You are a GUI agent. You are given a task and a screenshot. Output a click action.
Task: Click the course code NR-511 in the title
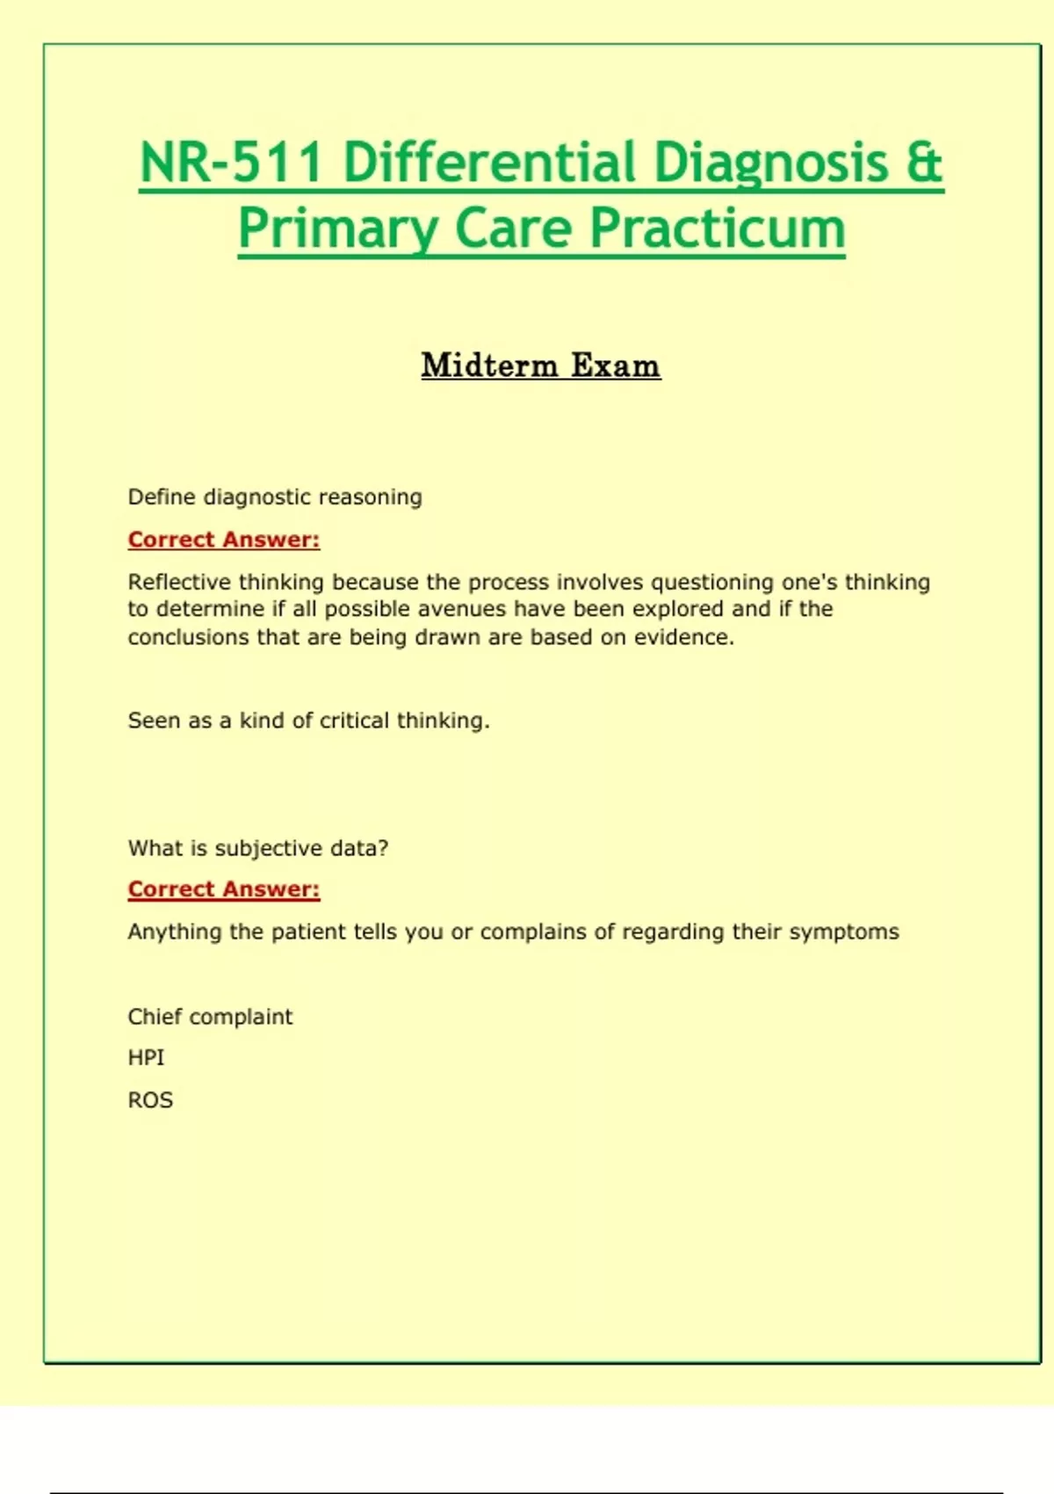231,163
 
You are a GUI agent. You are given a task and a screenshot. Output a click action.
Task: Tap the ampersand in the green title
923,163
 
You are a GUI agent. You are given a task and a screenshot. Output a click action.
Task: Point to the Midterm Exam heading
540,366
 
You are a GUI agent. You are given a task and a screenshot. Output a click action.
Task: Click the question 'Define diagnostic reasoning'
275,497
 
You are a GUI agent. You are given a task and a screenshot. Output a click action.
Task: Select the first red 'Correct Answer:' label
224,540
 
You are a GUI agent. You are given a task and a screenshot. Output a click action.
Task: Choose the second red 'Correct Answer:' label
224,889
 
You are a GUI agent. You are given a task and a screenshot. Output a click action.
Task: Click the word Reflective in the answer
179,582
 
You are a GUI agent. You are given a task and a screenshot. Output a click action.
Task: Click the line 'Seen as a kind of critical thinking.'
308,721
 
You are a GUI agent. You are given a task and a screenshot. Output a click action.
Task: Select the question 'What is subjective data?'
258,848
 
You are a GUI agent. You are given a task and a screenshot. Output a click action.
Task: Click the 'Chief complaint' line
210,1017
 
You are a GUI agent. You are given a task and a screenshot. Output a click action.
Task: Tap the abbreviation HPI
146,1058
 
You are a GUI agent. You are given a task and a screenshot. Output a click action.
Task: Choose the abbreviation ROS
150,1100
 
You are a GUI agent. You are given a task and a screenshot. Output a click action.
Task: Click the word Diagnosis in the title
771,163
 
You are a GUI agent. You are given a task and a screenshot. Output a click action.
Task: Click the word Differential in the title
489,163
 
